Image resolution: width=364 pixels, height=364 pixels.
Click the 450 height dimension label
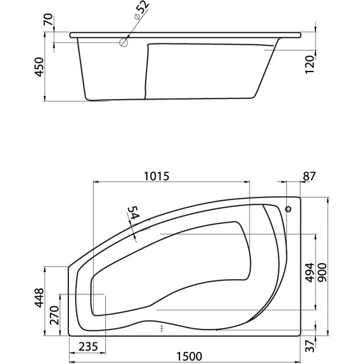click(x=39, y=67)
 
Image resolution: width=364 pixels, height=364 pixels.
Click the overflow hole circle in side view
click(x=123, y=43)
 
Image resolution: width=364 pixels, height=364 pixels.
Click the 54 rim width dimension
click(x=132, y=215)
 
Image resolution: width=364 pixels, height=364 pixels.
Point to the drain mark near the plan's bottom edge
click(x=162, y=329)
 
